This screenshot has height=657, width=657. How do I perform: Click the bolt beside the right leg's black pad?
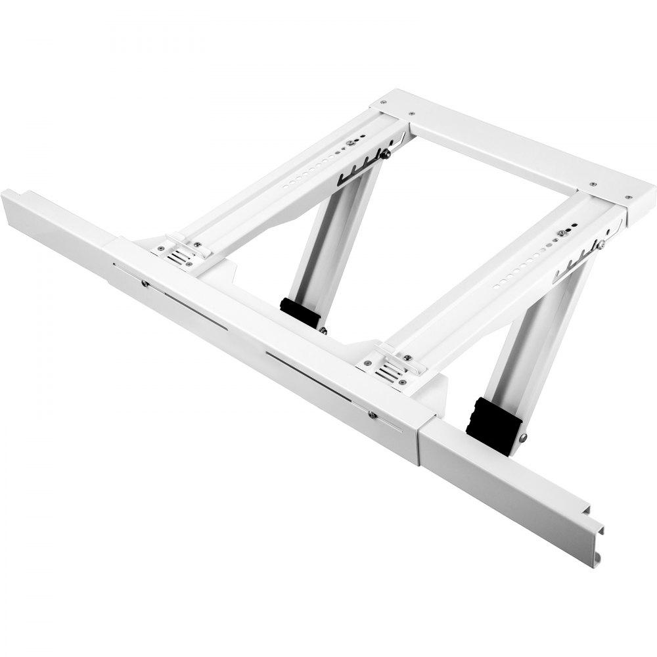point(522,438)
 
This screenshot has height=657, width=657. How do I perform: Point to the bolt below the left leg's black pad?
point(323,330)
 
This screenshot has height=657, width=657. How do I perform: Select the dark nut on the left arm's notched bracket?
point(388,154)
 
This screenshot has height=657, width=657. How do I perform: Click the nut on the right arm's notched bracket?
point(601,244)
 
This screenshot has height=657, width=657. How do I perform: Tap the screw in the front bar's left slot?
point(145,283)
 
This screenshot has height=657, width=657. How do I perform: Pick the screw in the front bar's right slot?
point(372,414)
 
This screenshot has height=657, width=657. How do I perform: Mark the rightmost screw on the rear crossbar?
point(629,196)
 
